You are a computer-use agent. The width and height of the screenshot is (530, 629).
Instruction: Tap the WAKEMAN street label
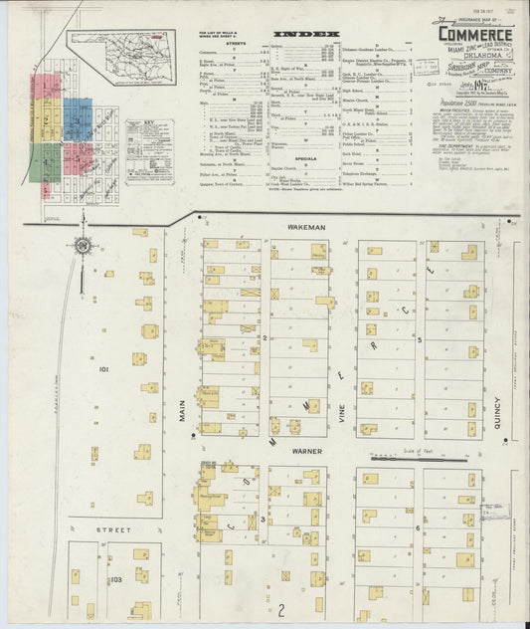click(x=304, y=228)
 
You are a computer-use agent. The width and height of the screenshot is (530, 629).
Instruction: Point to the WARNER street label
click(x=302, y=449)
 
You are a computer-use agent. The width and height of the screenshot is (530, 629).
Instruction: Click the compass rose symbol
click(x=82, y=245)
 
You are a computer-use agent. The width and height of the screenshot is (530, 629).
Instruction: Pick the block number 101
click(x=103, y=367)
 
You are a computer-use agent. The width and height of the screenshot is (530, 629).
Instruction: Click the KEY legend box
click(x=149, y=149)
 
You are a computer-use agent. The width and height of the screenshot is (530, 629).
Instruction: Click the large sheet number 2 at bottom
click(x=281, y=609)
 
